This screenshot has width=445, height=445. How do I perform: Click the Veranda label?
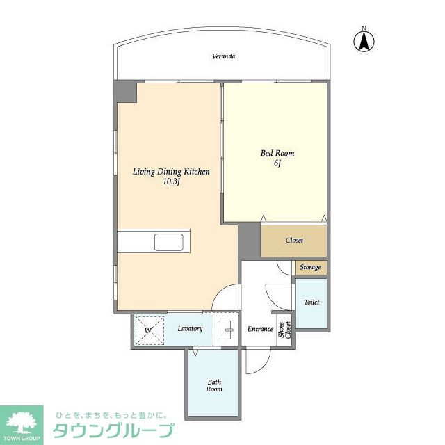(224, 56)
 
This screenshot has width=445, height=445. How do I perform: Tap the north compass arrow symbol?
(364, 41)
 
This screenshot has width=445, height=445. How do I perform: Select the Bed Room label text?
(277, 153)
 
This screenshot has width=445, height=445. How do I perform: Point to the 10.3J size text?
(171, 181)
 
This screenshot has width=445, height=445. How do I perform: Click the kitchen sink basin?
(168, 242)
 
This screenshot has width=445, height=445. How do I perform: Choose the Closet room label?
(294, 241)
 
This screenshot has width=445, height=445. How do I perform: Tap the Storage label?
(311, 267)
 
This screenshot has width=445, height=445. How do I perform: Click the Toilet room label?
(311, 302)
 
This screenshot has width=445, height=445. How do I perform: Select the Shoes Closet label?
(284, 330)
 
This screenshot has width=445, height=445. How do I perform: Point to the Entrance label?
(260, 329)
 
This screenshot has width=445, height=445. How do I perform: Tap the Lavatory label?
(190, 329)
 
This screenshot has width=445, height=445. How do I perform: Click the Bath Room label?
(214, 385)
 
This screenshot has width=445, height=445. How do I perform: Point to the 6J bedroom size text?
(277, 163)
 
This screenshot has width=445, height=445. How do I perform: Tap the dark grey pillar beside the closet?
(249, 241)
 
